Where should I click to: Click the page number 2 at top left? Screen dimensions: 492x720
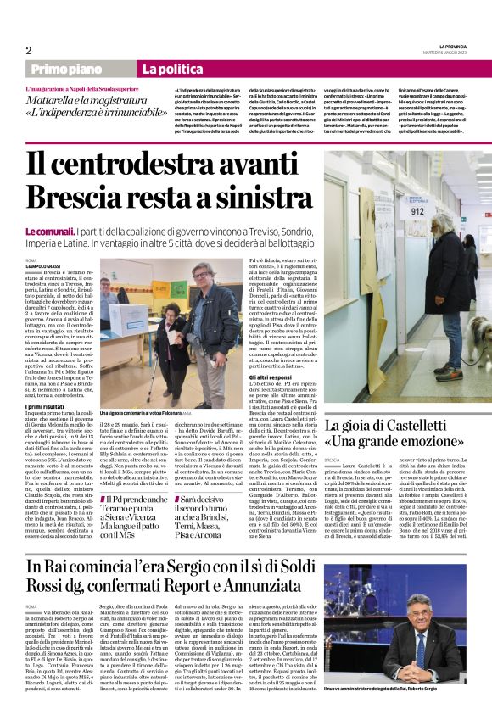tap(28, 50)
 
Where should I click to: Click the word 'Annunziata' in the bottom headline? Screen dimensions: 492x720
tap(255, 589)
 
